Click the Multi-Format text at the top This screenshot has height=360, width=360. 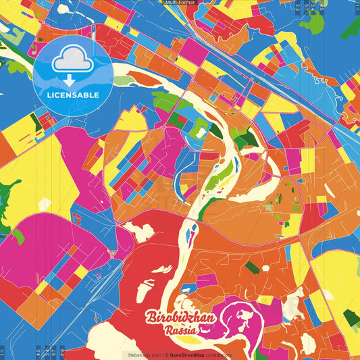(x=180, y=3)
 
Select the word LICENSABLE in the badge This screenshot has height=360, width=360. (x=72, y=95)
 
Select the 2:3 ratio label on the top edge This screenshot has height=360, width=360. (x=298, y=7)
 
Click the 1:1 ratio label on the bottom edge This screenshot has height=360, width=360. (x=3, y=353)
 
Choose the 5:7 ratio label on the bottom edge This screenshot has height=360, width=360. (x=54, y=353)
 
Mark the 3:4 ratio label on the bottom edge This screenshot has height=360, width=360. (x=46, y=353)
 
